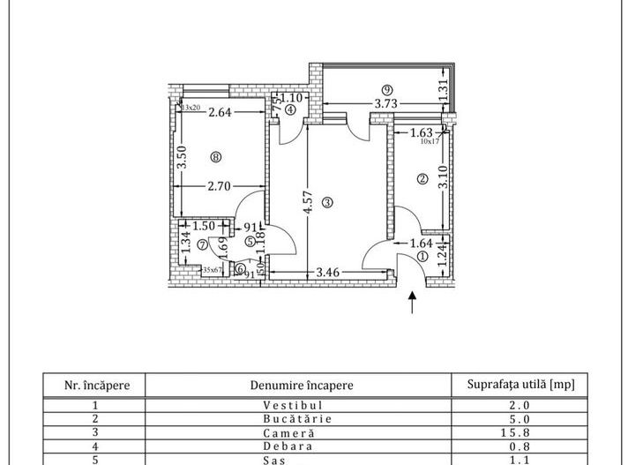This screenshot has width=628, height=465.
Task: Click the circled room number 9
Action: point(385,89)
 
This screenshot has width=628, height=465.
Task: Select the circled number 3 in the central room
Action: point(327,202)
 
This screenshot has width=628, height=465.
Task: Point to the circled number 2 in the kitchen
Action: point(422,179)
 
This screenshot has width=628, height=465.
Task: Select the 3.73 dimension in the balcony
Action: point(385,103)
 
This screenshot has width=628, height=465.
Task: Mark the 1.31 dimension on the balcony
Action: point(444,89)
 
